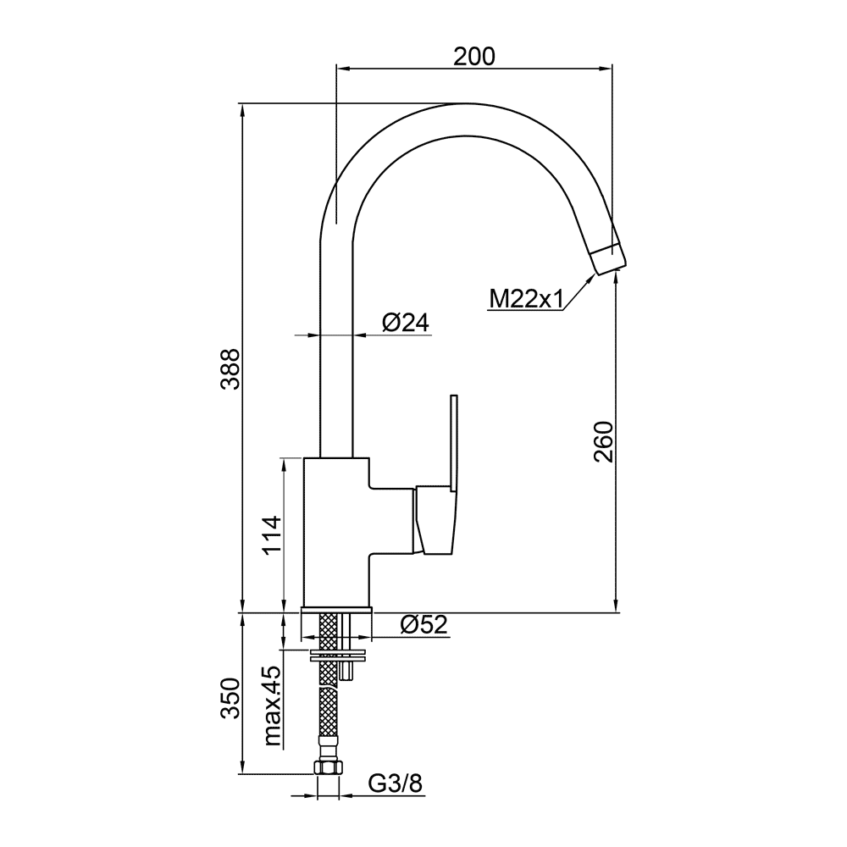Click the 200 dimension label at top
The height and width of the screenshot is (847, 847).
pyautogui.click(x=473, y=56)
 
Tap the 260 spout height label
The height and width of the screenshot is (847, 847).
pyautogui.click(x=603, y=442)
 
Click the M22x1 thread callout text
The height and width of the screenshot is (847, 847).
pyautogui.click(x=526, y=299)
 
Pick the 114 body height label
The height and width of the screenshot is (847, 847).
pyautogui.click(x=272, y=535)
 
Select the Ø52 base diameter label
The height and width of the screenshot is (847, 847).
pyautogui.click(x=424, y=625)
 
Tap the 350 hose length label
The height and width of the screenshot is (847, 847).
pyautogui.click(x=230, y=697)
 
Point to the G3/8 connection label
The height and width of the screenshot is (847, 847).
pyautogui.click(x=396, y=783)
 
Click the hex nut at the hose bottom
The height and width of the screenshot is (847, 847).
pyautogui.click(x=328, y=768)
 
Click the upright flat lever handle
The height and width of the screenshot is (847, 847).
pyautogui.click(x=454, y=443)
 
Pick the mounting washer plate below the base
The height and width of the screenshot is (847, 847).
pyautogui.click(x=338, y=657)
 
